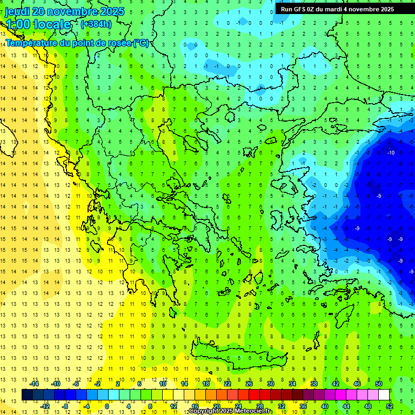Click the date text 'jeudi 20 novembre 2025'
click(x=65, y=11)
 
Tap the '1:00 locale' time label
click(x=38, y=24)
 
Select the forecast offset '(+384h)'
click(x=96, y=24)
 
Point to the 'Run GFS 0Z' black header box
click(x=337, y=9)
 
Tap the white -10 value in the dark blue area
click(x=391, y=153)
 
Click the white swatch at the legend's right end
click(x=384, y=395)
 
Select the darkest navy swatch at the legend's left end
click(x=27, y=395)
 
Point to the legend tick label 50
click(x=379, y=384)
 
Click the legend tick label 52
click(x=390, y=406)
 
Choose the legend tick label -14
click(x=34, y=384)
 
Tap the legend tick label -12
click(x=45, y=406)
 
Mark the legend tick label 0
click(x=107, y=406)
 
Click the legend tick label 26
click(x=249, y=384)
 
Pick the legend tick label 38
click(x=314, y=384)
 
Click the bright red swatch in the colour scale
click(x=254, y=395)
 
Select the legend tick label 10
click(x=163, y=384)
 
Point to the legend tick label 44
click(x=346, y=406)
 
